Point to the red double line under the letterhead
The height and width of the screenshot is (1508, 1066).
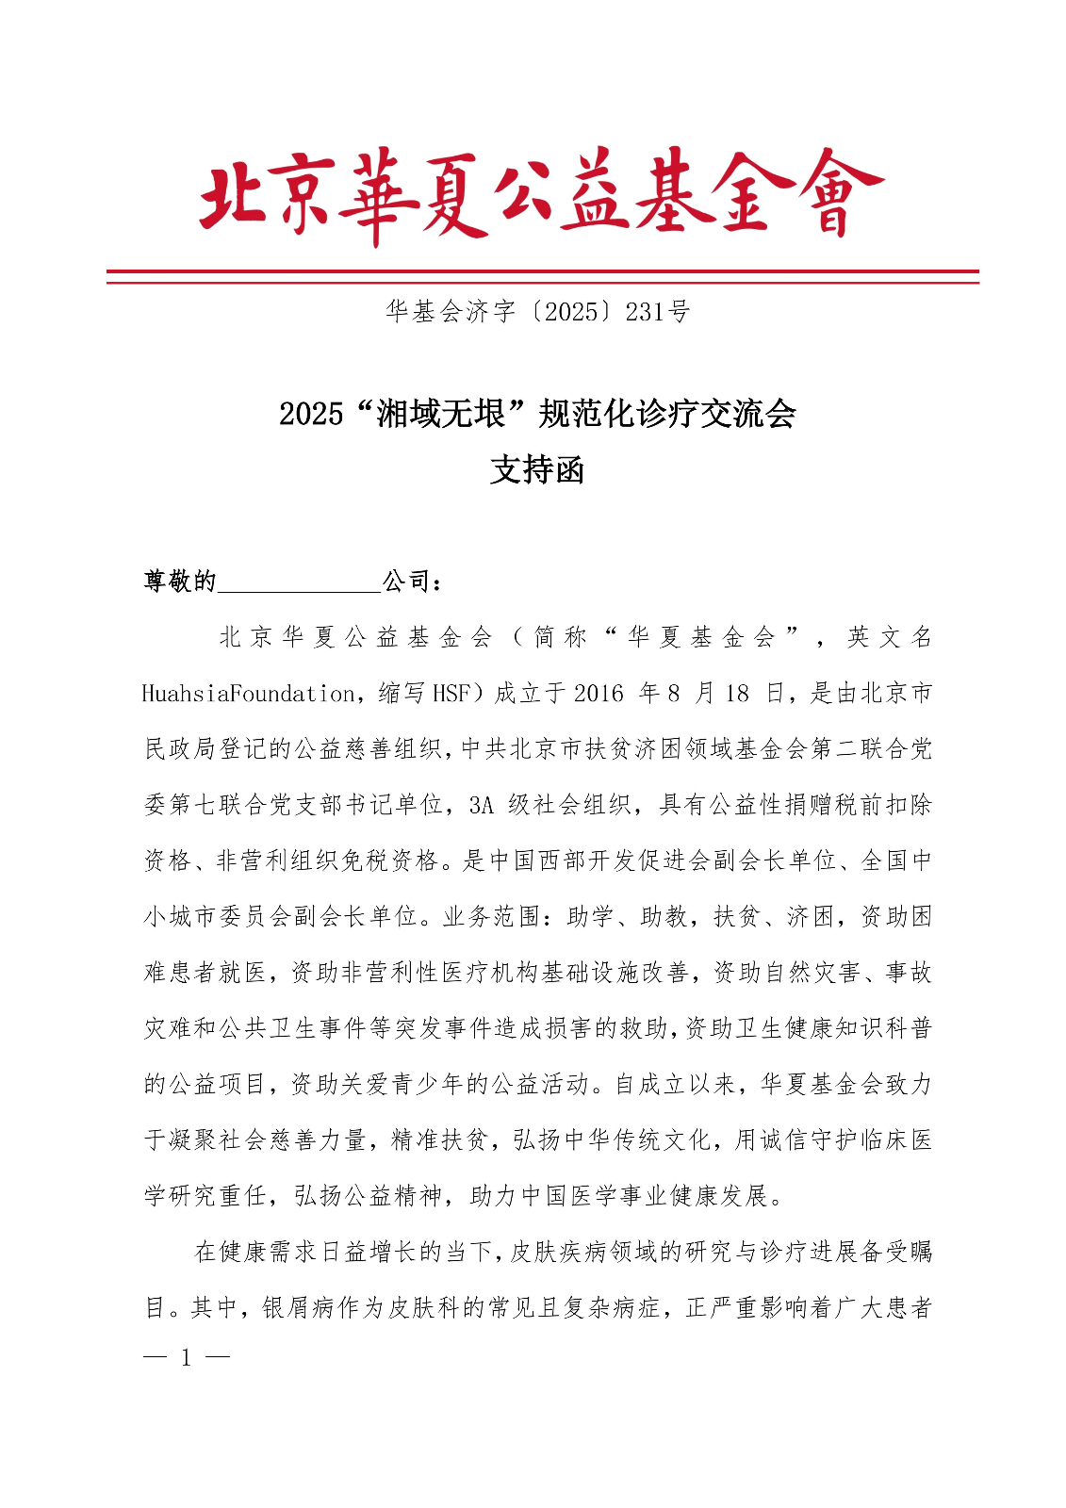pos(542,276)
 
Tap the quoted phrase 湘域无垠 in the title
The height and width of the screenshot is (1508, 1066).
pos(440,414)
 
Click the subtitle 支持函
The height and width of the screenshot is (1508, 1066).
pos(537,469)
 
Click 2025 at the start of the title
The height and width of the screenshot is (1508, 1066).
pos(310,414)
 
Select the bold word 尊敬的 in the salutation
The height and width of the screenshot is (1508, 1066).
pos(180,582)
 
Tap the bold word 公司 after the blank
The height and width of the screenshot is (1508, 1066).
pos(407,582)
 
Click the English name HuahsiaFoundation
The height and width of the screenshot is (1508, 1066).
pos(248,695)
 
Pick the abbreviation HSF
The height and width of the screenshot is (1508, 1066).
pos(451,695)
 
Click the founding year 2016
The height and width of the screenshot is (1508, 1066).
pos(598,695)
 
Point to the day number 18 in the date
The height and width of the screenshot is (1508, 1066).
pos(737,695)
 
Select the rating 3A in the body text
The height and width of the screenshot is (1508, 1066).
pos(482,806)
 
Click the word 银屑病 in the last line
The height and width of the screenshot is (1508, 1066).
pos(297,1308)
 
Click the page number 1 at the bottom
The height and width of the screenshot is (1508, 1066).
pos(187,1358)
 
